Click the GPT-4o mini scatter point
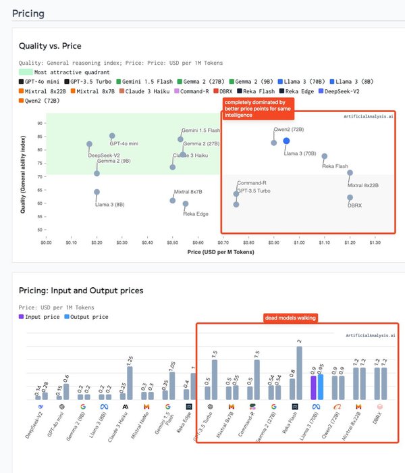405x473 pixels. coord(112,136)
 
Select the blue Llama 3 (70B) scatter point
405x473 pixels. coord(286,141)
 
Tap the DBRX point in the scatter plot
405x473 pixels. coord(350,197)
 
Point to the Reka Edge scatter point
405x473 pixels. coord(186,203)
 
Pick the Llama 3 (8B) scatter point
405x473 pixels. coord(97,192)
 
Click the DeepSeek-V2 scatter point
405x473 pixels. coord(89,144)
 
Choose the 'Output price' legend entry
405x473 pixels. coord(89,316)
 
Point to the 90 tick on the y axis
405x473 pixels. coord(40,123)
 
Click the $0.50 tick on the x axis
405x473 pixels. coord(173,242)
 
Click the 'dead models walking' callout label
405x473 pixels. coord(290,318)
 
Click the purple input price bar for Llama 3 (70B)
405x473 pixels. coord(313,387)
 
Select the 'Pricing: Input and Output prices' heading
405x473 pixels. coord(81,291)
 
